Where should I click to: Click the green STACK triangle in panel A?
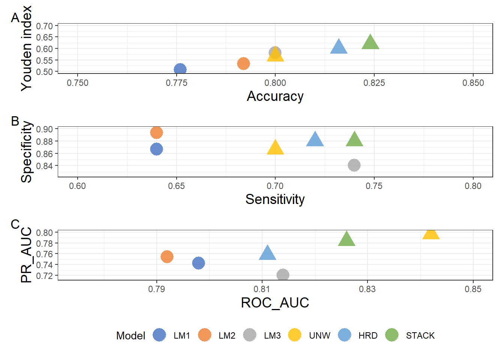point(370,43)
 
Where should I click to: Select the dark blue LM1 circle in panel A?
point(180,69)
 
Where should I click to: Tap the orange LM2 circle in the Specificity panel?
point(156,132)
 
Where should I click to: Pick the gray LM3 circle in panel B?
point(354,165)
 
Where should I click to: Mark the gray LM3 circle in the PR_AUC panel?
point(283,275)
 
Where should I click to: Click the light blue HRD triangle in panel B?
point(315,140)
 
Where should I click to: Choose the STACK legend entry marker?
point(392,335)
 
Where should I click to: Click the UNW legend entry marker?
point(295,335)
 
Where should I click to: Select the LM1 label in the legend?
point(182,336)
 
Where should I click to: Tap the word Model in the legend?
point(130,336)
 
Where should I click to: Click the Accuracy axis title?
point(275,96)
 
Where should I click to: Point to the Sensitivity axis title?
point(275,199)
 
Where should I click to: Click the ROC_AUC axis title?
point(275,303)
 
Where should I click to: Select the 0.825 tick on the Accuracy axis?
point(374,83)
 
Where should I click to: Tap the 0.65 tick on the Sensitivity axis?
point(176,186)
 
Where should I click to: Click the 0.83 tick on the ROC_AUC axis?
point(367,289)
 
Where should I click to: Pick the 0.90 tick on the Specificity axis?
point(44,129)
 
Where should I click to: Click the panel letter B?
point(15,121)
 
